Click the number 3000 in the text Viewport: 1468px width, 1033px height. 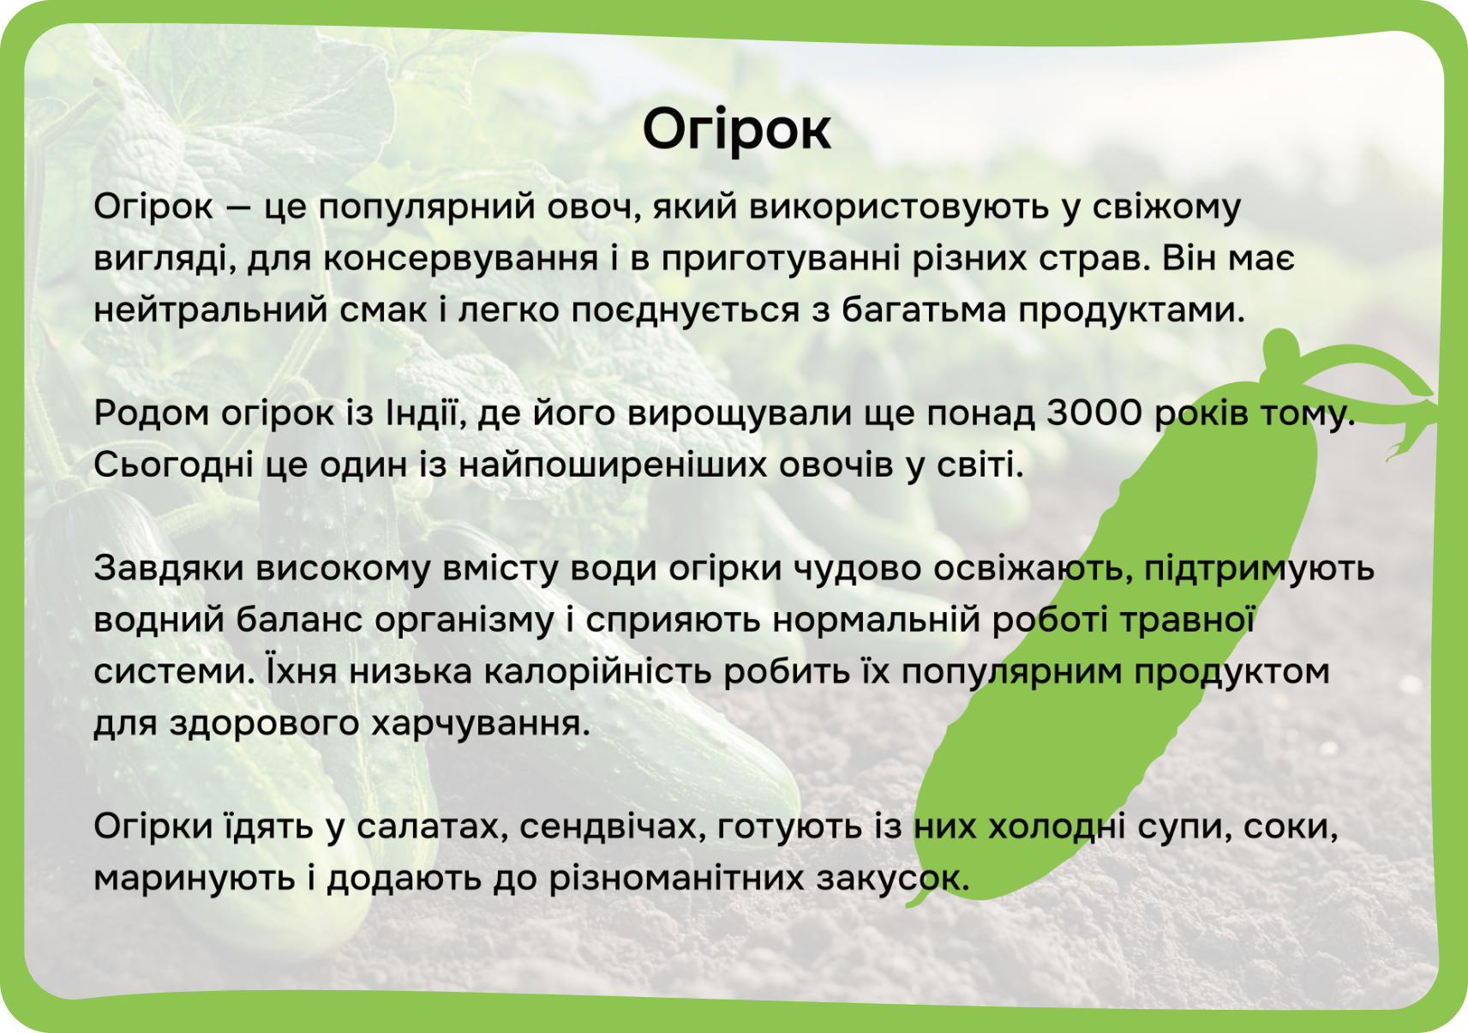(x=1094, y=413)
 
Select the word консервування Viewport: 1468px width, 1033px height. (x=461, y=258)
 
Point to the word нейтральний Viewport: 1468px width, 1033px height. (x=210, y=309)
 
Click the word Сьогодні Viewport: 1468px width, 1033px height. (x=174, y=465)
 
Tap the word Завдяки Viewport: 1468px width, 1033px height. (x=169, y=568)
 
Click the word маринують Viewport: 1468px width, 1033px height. (x=195, y=879)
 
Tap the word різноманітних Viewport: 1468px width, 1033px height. (x=676, y=879)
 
